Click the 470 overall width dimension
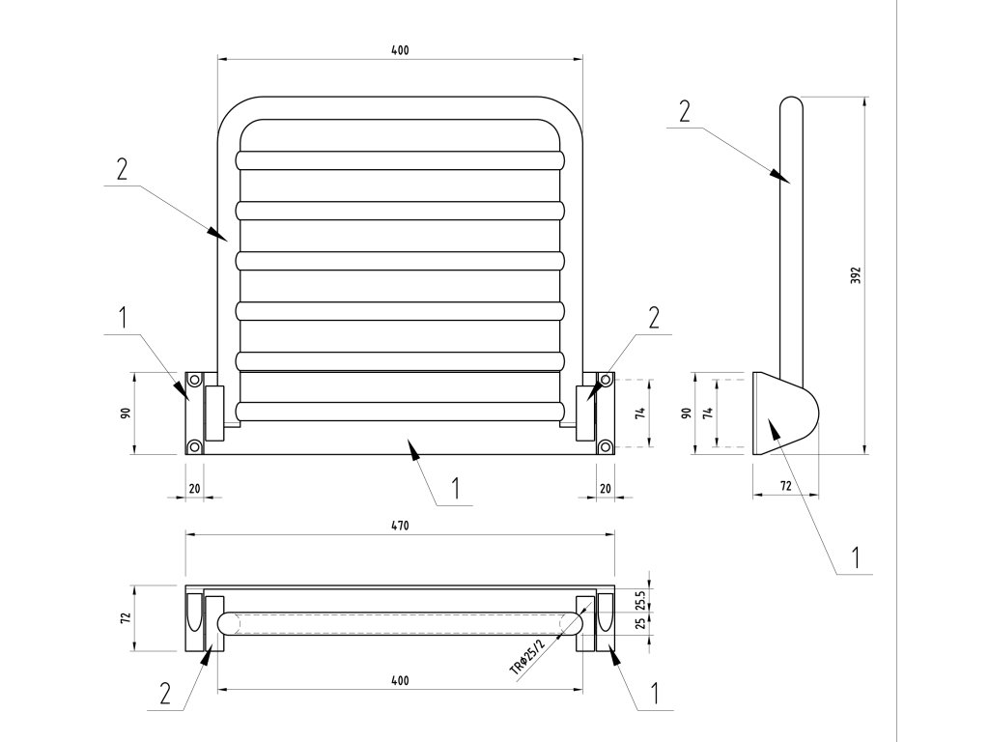click(x=400, y=527)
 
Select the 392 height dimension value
click(x=856, y=274)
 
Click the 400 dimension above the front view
click(x=400, y=50)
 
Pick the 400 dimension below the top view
click(x=400, y=680)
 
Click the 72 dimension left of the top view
click(x=126, y=618)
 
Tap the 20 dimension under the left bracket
click(x=194, y=489)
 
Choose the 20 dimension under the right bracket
click(x=606, y=489)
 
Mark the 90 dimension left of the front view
click(x=126, y=413)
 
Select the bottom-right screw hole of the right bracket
click(x=606, y=445)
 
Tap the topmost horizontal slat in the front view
click(x=400, y=158)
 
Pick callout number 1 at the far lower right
click(x=854, y=556)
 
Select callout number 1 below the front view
click(x=456, y=488)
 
